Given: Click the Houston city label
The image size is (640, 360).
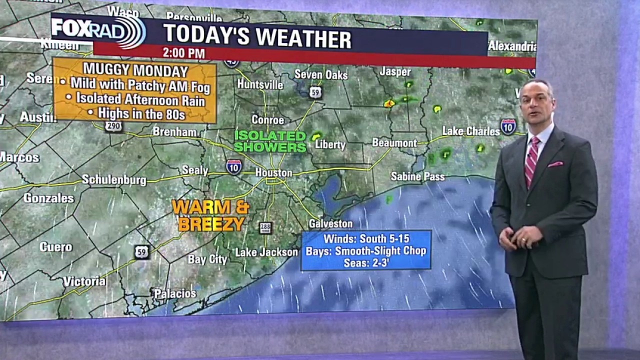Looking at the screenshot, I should coord(273,172).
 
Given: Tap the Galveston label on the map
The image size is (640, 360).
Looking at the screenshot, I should coord(330,223).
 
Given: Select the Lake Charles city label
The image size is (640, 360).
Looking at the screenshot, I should coord(471,131).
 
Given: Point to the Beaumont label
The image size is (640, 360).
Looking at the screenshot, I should coord(394,143).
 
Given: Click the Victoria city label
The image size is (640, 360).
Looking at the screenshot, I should coord(84,281).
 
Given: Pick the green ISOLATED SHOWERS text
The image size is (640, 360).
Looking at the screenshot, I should coord(270,141).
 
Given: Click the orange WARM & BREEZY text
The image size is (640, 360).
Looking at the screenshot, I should coord(210,215).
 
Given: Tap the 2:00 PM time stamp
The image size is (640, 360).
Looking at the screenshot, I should coord(183,52).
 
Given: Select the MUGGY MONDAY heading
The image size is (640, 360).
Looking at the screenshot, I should coord(135,70).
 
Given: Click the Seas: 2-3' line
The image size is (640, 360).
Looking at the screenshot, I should coord(366,262).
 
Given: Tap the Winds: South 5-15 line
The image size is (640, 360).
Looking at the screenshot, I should coord(366,238).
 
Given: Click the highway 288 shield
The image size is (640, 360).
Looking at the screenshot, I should coord(265,227).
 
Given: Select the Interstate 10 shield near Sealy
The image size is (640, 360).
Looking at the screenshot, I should coord(233,167).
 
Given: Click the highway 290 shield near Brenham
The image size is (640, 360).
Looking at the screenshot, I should coord(113,126).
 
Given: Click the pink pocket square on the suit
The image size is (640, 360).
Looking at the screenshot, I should coord(555,164).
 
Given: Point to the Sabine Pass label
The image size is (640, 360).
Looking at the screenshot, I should coord(417,176).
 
